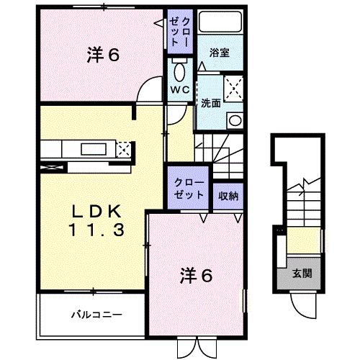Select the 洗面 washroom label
[x=210, y=102]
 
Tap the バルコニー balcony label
[x=96, y=315]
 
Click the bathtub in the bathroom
[x=220, y=22]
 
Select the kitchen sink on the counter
[x=93, y=150]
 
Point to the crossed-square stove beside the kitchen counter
[x=124, y=150]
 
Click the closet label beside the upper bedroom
[x=177, y=31]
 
